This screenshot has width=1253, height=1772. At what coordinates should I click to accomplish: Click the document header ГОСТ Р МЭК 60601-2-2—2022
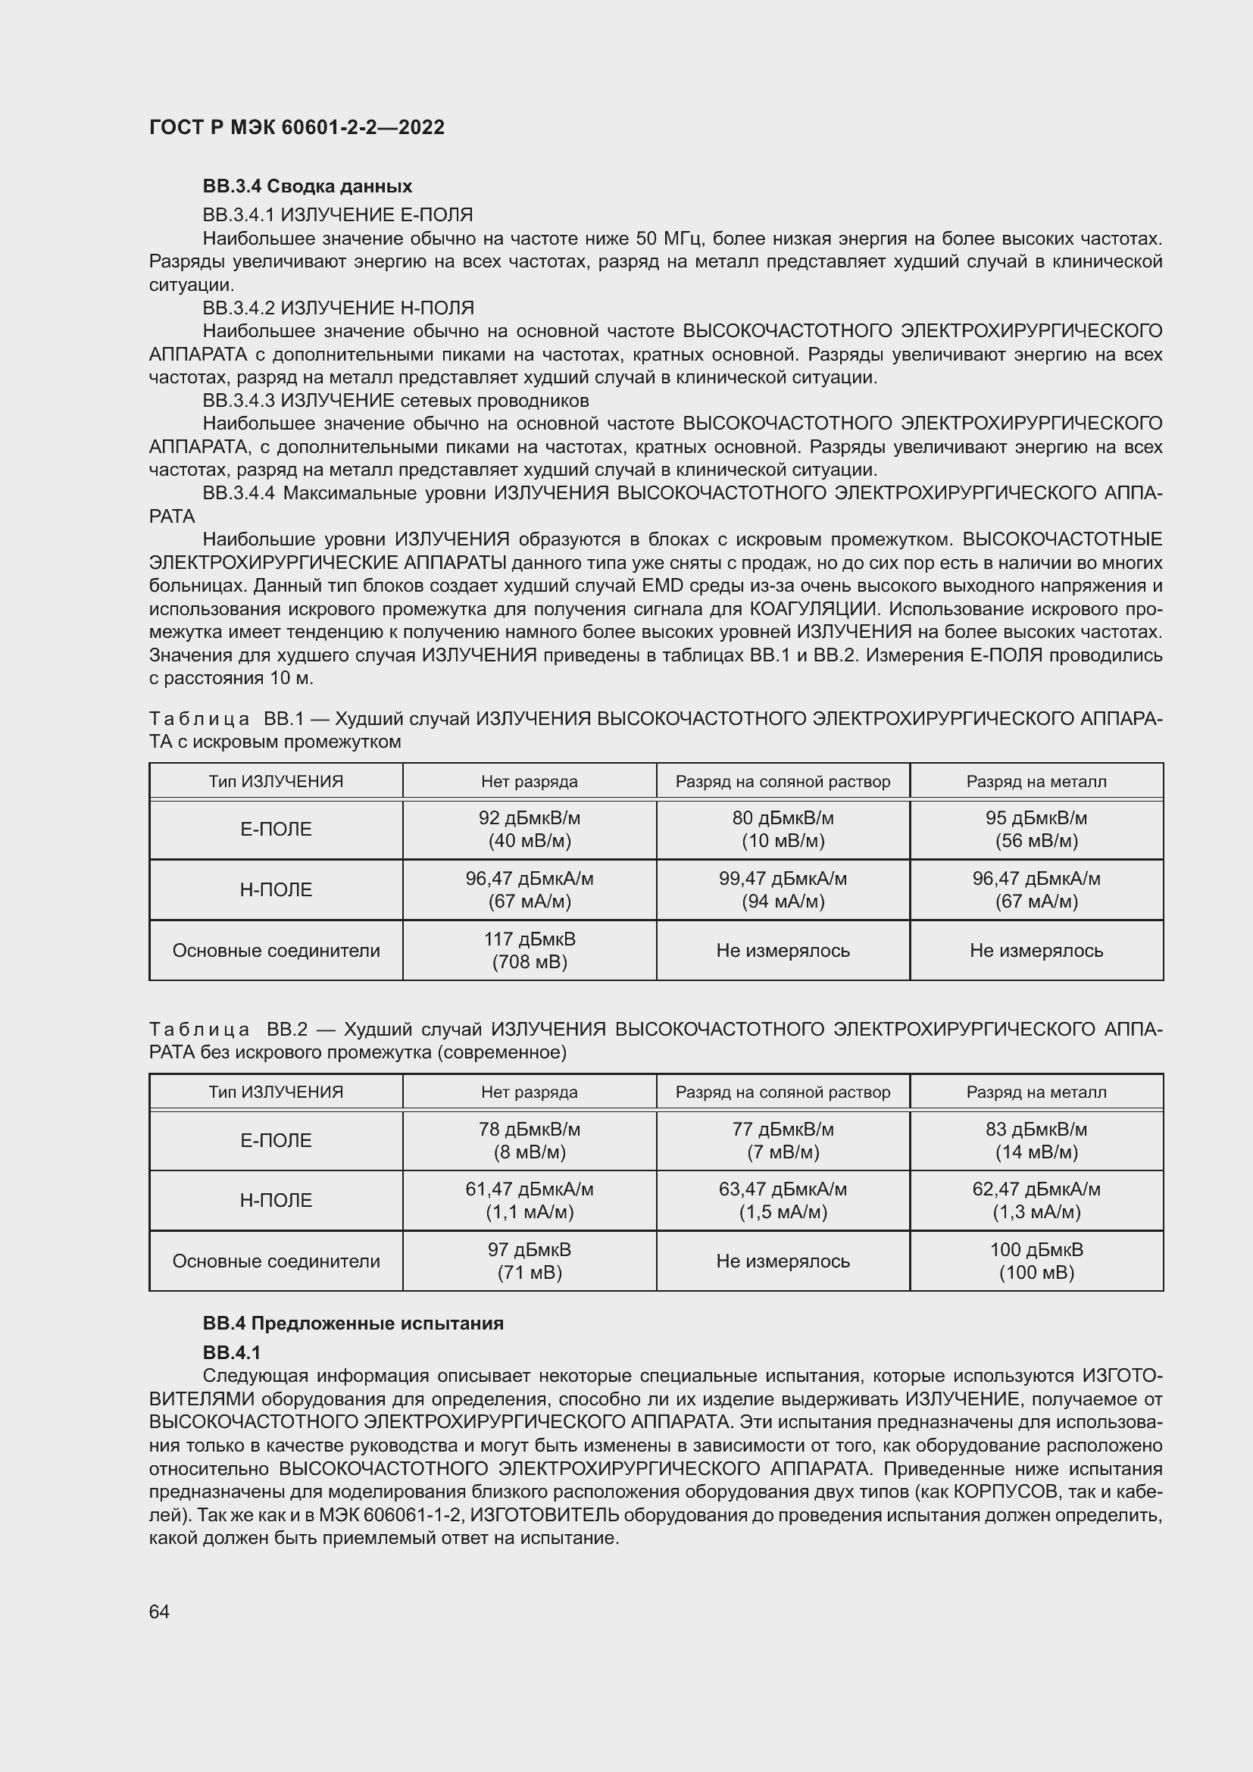point(296,127)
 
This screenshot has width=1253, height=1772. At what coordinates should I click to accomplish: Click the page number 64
point(159,1611)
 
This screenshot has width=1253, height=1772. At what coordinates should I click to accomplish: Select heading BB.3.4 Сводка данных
point(307,186)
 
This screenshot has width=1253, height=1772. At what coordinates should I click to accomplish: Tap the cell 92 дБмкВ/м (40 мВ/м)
point(530,829)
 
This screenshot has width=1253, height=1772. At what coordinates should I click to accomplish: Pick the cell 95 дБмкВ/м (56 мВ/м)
point(1036,829)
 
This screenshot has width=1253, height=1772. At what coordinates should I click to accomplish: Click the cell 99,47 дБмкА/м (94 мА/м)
point(783,889)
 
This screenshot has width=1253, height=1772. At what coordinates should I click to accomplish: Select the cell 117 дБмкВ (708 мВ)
point(530,950)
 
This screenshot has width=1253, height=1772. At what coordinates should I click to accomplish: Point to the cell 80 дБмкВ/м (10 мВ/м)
point(783,829)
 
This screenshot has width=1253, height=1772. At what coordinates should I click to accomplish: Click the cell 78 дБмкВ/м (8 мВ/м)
point(530,1140)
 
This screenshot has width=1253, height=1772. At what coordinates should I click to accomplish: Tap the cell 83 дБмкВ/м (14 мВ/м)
point(1036,1140)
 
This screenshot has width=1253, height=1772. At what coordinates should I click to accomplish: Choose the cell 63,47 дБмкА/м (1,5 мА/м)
point(783,1200)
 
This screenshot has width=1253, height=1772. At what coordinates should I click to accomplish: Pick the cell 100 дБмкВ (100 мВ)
point(1036,1261)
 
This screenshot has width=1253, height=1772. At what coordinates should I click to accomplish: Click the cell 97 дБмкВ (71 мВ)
point(530,1261)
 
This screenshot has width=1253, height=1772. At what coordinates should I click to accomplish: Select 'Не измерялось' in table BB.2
point(783,1261)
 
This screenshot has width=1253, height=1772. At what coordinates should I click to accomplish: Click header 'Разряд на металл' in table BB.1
point(1036,781)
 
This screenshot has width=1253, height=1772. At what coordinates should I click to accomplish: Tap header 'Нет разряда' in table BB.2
point(530,1092)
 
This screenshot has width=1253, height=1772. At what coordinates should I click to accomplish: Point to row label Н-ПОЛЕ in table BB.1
point(276,890)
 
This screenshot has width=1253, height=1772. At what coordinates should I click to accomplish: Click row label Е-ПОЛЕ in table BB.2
point(276,1141)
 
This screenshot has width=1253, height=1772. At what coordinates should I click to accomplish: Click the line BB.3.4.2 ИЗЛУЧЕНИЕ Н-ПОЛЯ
point(338,308)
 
